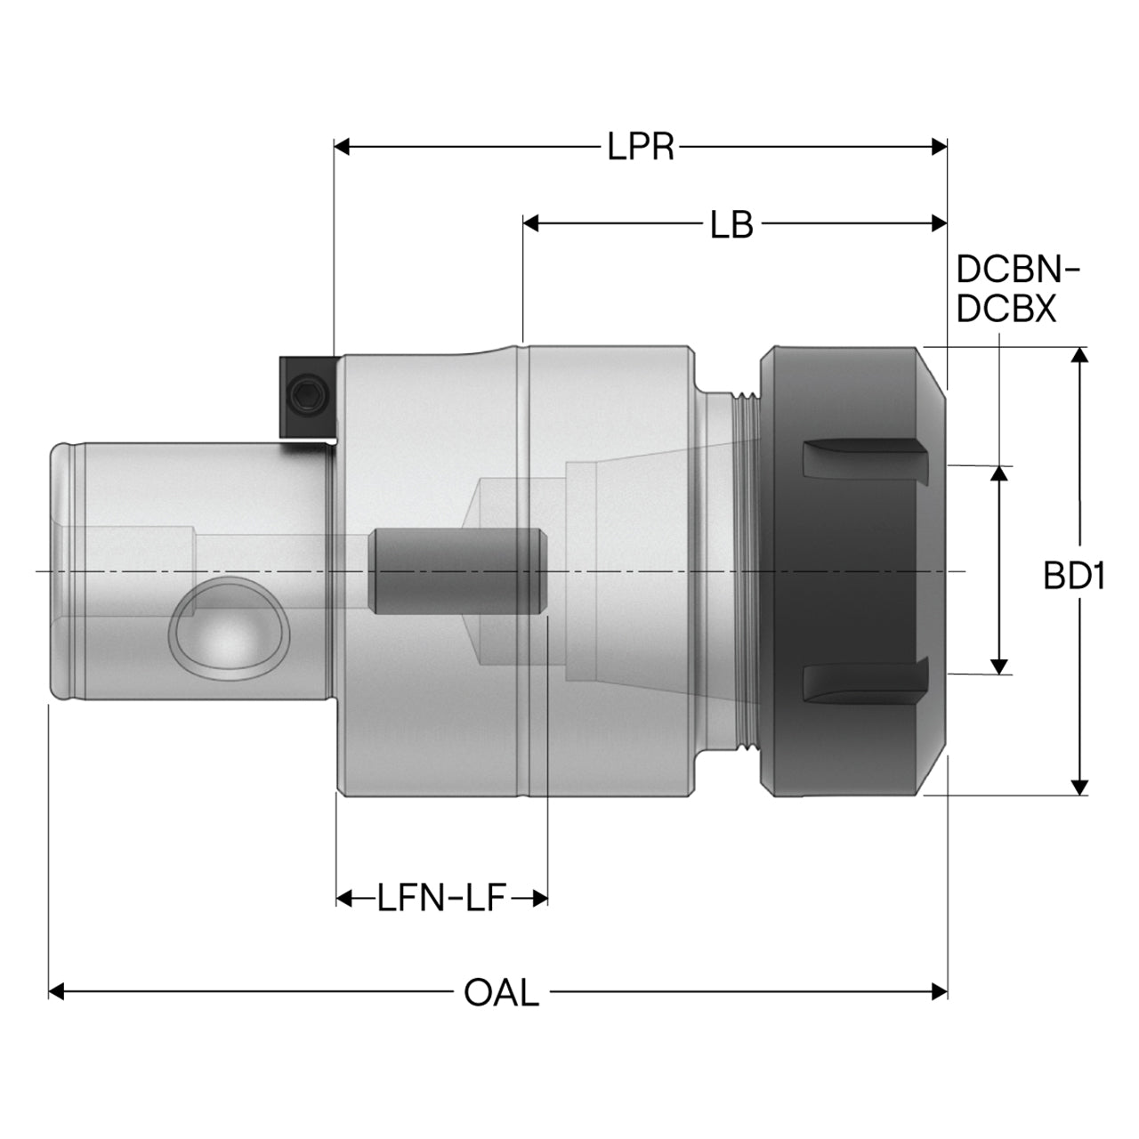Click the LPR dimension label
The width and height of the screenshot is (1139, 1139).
(640, 147)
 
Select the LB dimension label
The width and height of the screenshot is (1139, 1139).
(731, 224)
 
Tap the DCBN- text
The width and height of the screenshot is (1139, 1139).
(1017, 269)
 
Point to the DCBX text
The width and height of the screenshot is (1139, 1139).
(1006, 309)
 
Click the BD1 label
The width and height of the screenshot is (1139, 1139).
(1073, 576)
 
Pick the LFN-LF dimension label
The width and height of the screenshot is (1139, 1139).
(441, 898)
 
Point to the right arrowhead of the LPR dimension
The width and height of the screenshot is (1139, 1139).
(939, 147)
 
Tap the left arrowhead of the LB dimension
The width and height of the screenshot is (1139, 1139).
(530, 223)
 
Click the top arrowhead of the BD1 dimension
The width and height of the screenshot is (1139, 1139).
(1079, 355)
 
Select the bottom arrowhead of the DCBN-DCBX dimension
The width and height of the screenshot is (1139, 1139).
(999, 666)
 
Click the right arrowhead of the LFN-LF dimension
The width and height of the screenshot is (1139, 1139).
(539, 899)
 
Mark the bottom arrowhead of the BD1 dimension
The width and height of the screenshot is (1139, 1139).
(1079, 788)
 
